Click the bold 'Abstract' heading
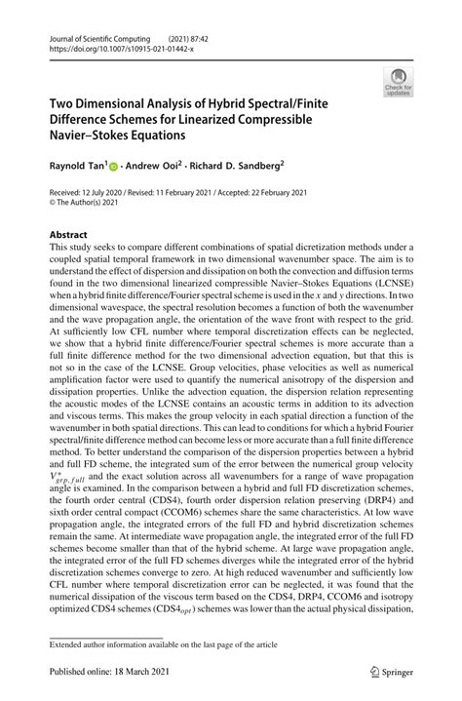68,235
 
